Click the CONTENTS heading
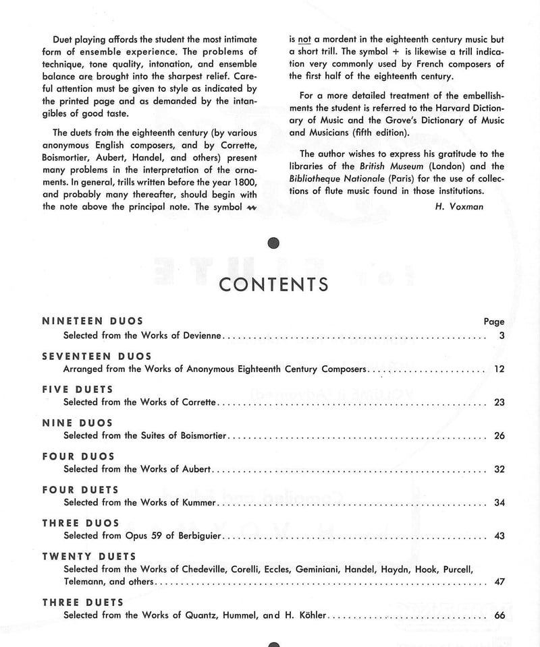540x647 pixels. (274, 284)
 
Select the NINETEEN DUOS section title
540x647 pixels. (92, 321)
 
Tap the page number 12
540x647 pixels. (499, 369)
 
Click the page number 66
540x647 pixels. (499, 615)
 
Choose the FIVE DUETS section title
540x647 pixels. (78, 389)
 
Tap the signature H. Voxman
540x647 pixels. (460, 207)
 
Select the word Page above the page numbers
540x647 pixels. (494, 321)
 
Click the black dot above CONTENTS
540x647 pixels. (273, 243)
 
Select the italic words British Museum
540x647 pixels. (386, 166)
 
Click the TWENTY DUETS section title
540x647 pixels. (89, 556)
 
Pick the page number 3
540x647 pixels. (502, 335)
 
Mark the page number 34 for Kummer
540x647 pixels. (499, 502)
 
